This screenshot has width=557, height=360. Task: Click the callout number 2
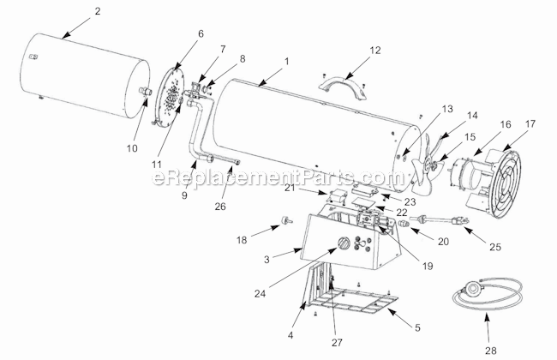click(97, 11)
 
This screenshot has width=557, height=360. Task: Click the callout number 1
click(287, 61)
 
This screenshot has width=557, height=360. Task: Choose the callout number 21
click(313, 188)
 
